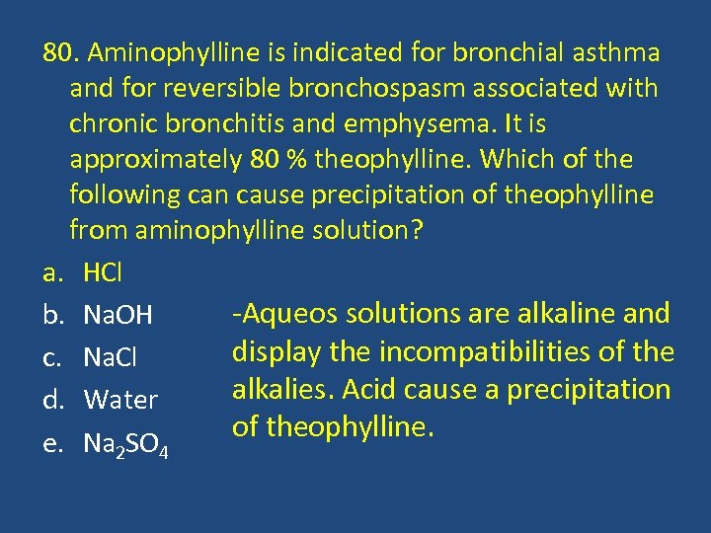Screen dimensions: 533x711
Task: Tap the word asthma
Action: (626, 51)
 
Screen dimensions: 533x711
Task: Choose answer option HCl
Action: (104, 271)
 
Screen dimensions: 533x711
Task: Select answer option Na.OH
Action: (118, 316)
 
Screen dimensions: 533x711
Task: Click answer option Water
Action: (120, 400)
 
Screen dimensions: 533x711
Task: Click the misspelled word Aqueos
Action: (282, 315)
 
